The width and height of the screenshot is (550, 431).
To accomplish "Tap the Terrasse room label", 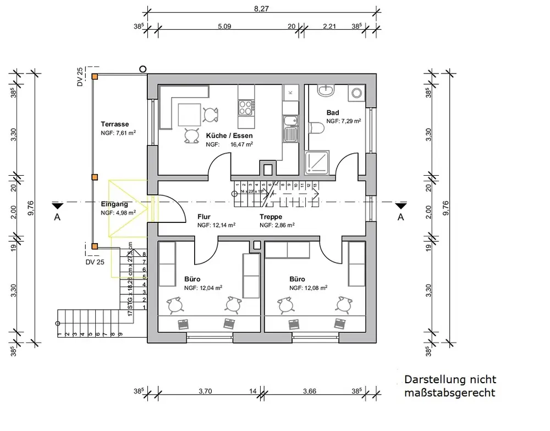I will point(115,124).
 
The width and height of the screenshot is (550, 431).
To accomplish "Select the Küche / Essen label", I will point(229,135).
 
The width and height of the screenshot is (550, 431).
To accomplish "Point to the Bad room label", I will point(333,113).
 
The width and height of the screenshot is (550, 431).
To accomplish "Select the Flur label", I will point(204,217).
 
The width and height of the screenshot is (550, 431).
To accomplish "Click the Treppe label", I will point(271,217).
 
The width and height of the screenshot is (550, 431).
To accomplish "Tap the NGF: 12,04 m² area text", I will point(203,287).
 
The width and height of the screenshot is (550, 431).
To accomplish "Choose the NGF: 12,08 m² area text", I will point(309,287).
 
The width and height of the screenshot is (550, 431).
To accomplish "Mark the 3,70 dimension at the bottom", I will point(205,391).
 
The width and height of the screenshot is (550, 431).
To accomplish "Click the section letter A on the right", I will point(401,217).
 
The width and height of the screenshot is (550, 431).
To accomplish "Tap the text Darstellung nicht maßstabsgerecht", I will point(450,386).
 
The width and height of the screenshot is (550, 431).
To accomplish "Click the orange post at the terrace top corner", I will point(95,77).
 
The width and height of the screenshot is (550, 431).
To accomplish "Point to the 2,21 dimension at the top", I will point(329,26).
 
